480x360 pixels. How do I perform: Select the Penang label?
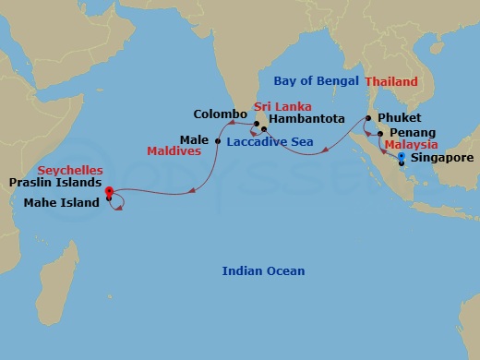(x=410, y=134)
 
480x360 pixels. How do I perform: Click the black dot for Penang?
(x=380, y=134)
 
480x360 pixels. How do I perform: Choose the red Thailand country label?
(x=391, y=82)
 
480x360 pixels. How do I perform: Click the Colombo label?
(x=218, y=114)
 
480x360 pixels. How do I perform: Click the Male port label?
(x=194, y=139)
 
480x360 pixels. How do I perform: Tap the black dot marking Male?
(x=217, y=140)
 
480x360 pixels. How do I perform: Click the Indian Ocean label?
(x=263, y=270)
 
